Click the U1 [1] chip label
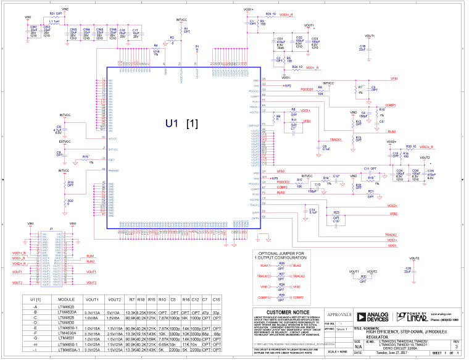click(181, 123)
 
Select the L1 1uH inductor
click(53, 21)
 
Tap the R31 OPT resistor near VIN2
click(54, 13)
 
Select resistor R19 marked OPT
click(70, 184)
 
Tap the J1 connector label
click(51, 230)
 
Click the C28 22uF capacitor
click(408, 269)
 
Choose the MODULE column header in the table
click(66, 299)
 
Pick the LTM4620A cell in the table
click(67, 312)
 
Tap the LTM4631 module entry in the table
click(66, 338)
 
